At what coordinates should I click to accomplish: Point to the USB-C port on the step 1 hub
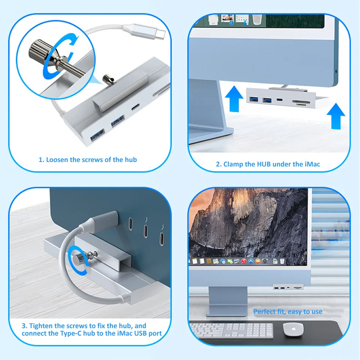click(x=135, y=107)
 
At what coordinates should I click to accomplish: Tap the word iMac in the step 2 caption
click(x=312, y=164)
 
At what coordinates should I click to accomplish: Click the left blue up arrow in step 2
click(x=234, y=99)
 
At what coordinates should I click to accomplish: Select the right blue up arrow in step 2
click(x=336, y=116)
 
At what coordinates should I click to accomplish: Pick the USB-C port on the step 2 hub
click(x=280, y=100)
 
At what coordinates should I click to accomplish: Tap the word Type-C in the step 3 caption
click(x=71, y=333)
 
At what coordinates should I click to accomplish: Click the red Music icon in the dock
click(x=244, y=261)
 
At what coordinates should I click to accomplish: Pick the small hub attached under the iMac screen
click(x=288, y=287)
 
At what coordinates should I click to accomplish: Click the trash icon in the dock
click(x=282, y=261)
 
